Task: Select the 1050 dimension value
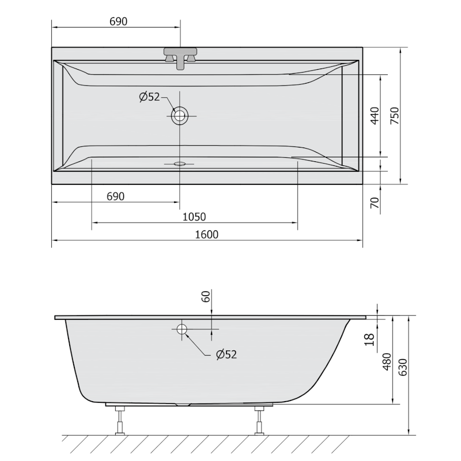(194, 217)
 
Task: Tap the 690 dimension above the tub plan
(118, 21)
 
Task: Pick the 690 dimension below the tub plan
(115, 197)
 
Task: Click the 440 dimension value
(374, 116)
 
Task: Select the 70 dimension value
(374, 203)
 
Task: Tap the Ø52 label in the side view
(226, 354)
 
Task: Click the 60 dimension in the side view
(206, 297)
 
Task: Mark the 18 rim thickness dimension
(369, 339)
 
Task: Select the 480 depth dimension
(387, 361)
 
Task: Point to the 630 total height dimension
(403, 366)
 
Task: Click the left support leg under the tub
(120, 420)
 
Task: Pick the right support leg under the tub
(259, 420)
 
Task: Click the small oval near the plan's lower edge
(180, 164)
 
